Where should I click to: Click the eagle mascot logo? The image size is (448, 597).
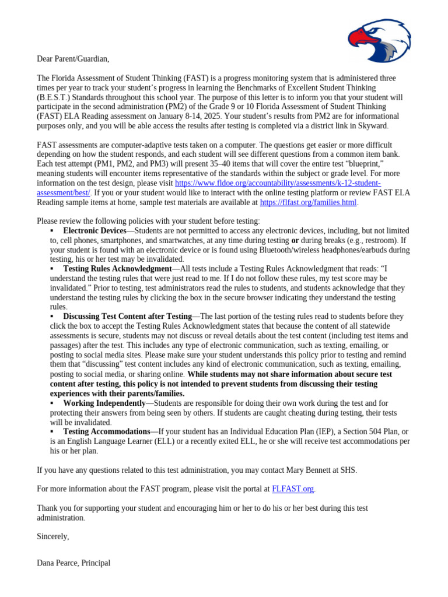click(379, 39)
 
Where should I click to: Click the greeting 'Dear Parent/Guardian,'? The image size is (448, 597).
click(73, 59)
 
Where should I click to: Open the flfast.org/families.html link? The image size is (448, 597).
click(308, 202)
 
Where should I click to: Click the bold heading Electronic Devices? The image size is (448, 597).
click(94, 231)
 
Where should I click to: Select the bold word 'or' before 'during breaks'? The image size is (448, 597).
click(295, 240)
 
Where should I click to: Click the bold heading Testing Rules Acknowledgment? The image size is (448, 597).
click(117, 269)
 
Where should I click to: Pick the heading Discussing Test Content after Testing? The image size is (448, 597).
click(127, 317)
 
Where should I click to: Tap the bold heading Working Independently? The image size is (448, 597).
click(104, 403)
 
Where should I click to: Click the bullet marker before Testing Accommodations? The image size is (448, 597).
click(52, 431)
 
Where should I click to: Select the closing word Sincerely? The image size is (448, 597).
click(53, 536)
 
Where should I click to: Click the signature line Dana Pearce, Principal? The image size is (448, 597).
click(73, 563)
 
